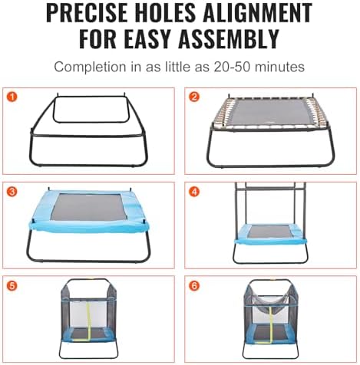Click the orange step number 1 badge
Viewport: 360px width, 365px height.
click(x=12, y=97)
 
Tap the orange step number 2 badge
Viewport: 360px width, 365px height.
click(x=194, y=97)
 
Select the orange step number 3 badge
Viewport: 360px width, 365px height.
click(x=12, y=192)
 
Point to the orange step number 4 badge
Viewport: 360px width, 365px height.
click(x=194, y=192)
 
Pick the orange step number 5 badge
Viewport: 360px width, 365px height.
click(x=12, y=285)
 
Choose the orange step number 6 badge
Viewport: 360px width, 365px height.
click(x=194, y=285)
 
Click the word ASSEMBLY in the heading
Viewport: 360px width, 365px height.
click(x=229, y=39)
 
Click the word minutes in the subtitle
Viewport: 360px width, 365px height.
click(x=279, y=67)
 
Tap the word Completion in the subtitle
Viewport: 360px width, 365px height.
click(x=90, y=67)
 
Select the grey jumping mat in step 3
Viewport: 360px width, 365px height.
click(x=88, y=207)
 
